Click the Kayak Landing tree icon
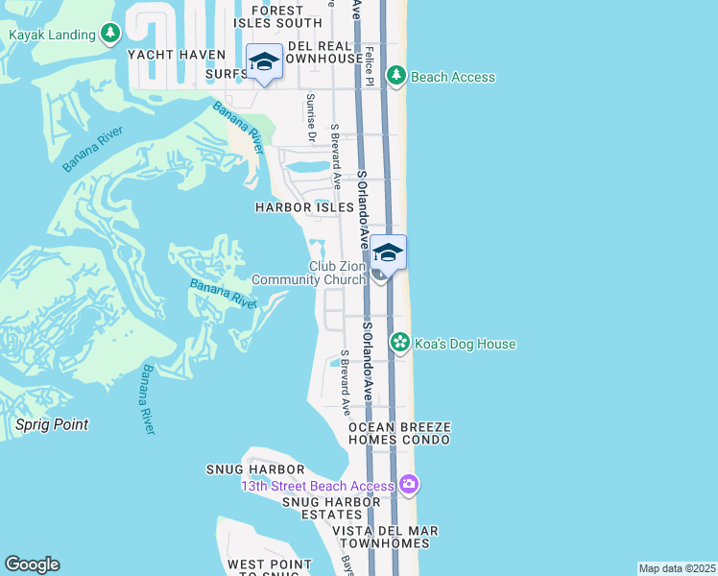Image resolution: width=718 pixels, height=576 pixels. [111, 36]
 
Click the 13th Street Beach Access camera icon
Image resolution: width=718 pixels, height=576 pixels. [410, 484]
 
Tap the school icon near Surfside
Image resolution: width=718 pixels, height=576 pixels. [264, 62]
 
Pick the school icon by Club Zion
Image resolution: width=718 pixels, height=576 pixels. [388, 253]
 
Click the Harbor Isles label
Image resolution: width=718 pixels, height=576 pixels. [297, 207]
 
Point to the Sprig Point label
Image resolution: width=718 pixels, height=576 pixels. [52, 424]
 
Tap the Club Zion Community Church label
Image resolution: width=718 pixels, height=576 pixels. [308, 273]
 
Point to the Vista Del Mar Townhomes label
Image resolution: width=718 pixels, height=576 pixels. [385, 537]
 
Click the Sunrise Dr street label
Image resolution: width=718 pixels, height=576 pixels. [310, 117]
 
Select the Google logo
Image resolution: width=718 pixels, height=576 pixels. [32, 564]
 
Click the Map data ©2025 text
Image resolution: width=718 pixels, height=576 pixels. [677, 568]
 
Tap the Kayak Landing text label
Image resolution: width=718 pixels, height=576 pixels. [52, 36]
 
